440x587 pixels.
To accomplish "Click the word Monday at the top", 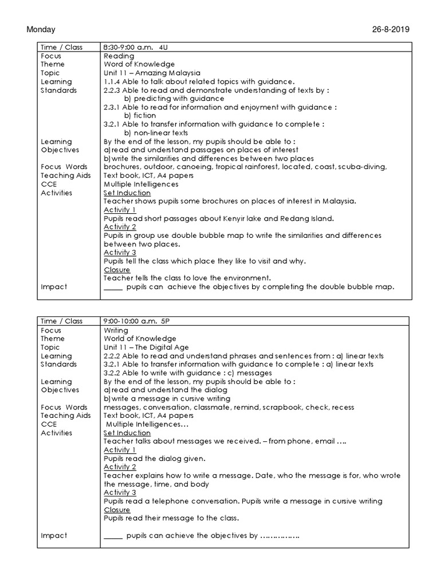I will pyautogui.click(x=41, y=30).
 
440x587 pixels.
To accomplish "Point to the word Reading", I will pyautogui.click(x=119, y=56).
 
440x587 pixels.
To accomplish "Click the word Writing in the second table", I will pyautogui.click(x=116, y=330).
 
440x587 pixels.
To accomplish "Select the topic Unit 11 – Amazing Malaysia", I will pyautogui.click(x=152, y=73).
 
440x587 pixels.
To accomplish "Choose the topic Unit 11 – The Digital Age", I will pyautogui.click(x=146, y=347).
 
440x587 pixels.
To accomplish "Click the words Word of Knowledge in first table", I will pyautogui.click(x=139, y=65).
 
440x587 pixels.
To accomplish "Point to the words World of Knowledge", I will pyautogui.click(x=140, y=339).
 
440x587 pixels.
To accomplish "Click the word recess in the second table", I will pyautogui.click(x=343, y=407).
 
